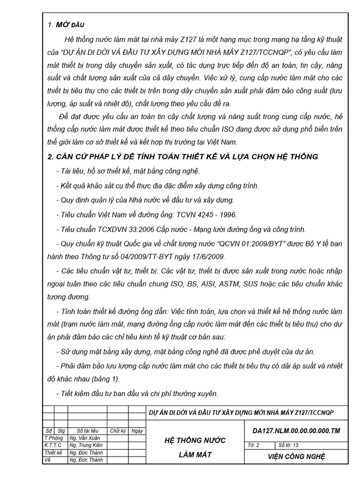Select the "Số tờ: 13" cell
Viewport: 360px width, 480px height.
289,445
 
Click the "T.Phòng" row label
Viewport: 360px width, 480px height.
53,438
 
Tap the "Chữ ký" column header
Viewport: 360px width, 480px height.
118,430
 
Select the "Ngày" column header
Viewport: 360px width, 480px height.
137,430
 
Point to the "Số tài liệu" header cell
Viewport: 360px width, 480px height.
87,430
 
